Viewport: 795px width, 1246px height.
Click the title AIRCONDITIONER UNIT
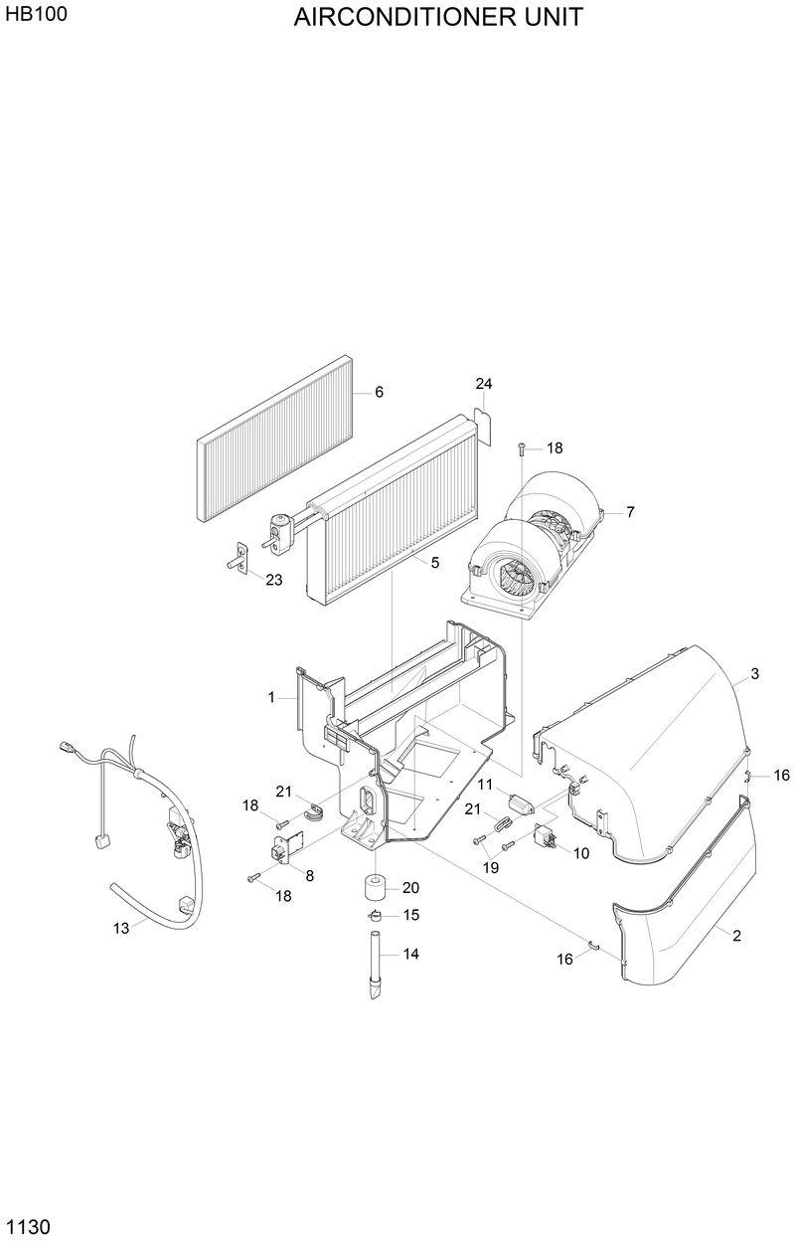coord(438,17)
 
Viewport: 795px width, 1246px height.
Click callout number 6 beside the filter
coord(379,393)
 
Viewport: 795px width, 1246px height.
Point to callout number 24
coord(484,384)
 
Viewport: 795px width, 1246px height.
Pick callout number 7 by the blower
coord(630,513)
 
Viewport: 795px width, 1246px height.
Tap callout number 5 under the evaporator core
coord(434,563)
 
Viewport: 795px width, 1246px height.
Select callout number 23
coord(273,580)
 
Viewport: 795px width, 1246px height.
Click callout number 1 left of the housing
coord(270,698)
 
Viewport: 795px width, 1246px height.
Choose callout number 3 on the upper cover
coord(754,674)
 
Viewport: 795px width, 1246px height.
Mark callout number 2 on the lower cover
coord(736,936)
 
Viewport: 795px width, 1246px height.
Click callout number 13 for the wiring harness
coord(121,929)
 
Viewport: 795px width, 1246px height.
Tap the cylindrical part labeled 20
coord(376,886)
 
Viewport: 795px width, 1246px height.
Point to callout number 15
coord(410,915)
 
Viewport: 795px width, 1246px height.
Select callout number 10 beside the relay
coord(581,853)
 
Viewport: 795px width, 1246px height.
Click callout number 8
coord(310,876)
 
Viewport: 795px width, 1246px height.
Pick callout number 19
coord(490,868)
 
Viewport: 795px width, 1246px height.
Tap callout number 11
coord(487,785)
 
